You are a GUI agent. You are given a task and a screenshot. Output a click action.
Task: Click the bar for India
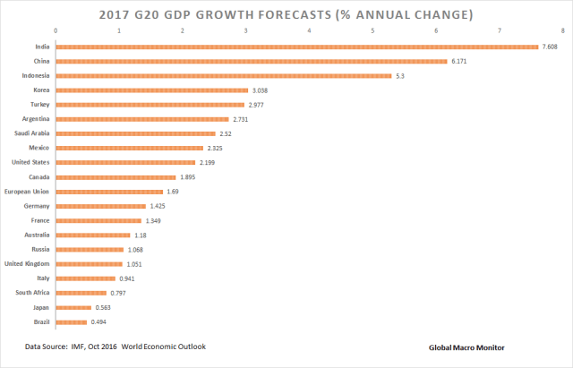297,47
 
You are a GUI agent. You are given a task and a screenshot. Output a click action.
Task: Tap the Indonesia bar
224,75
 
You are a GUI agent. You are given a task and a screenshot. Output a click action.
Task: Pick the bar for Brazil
72,321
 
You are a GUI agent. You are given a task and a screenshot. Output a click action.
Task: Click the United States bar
125,162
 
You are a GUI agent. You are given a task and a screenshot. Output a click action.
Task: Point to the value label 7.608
552,47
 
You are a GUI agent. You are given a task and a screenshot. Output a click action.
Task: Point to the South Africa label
32,293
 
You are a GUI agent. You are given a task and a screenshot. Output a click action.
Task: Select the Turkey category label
38,105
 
